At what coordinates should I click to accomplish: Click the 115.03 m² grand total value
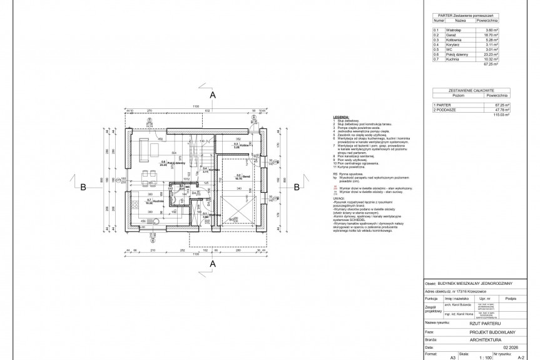(502, 115)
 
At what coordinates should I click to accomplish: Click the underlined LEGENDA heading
(341, 116)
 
